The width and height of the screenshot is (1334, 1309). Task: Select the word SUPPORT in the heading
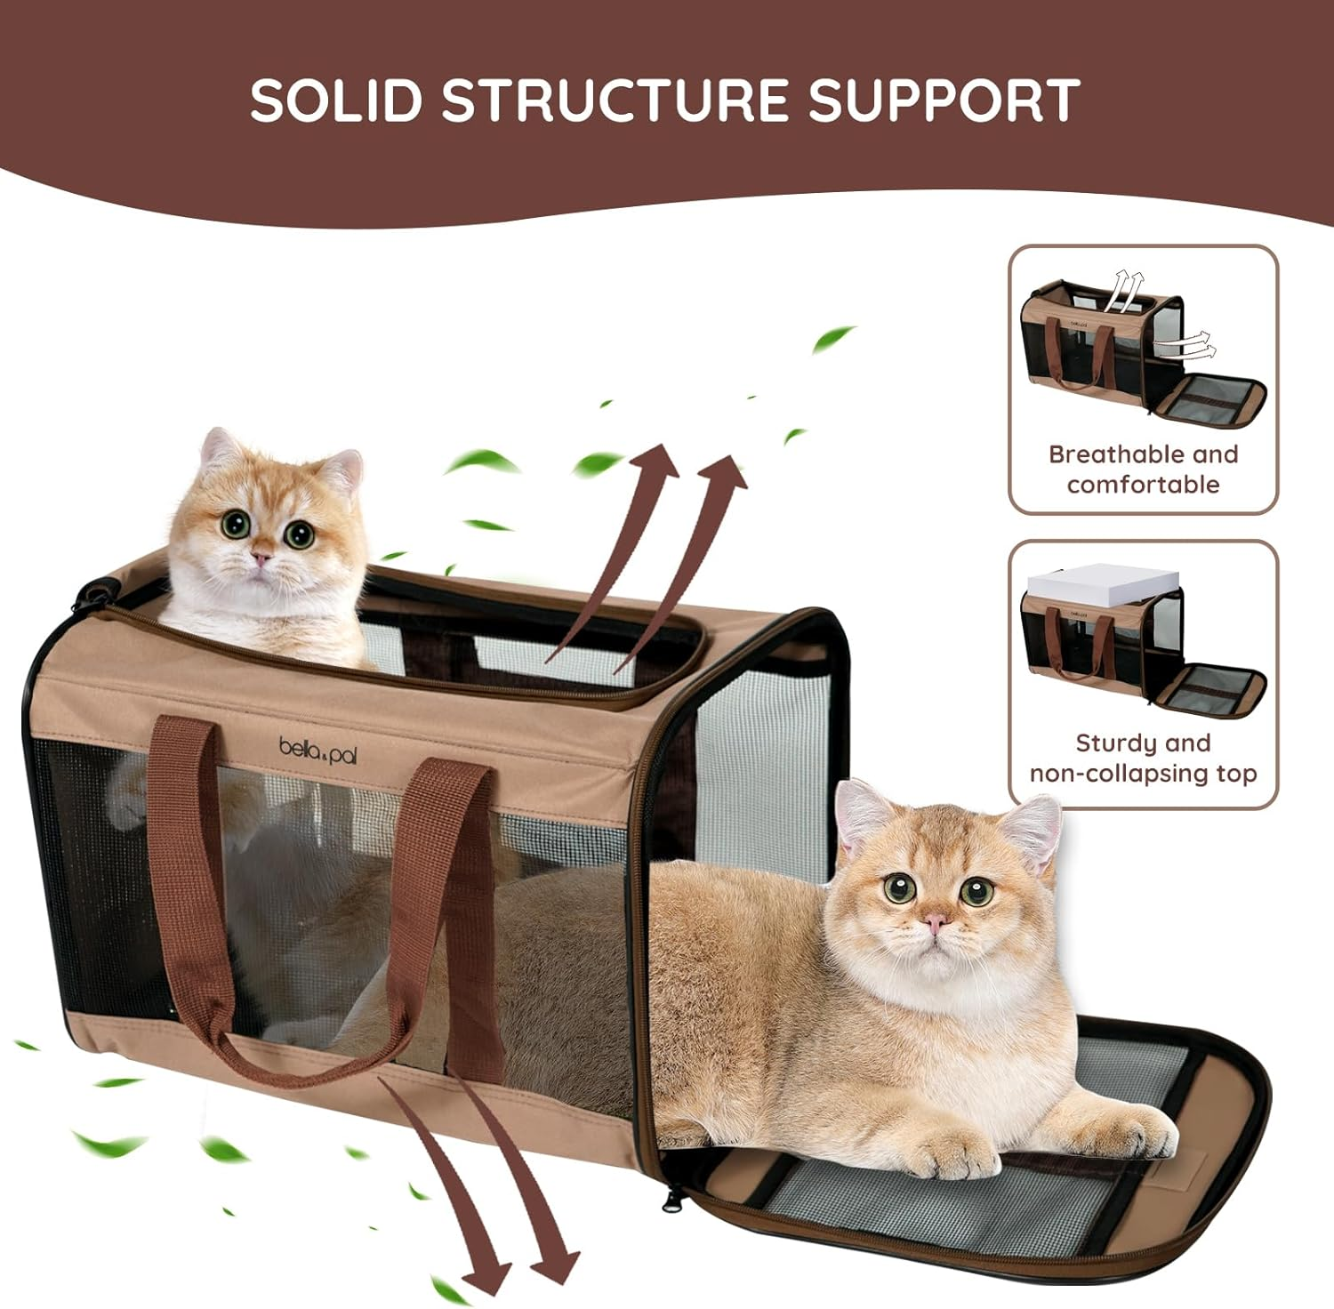click(944, 100)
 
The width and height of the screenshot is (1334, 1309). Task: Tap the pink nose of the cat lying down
click(935, 923)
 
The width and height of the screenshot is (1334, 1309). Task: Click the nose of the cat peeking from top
click(261, 558)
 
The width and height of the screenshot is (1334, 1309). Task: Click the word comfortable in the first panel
click(1143, 485)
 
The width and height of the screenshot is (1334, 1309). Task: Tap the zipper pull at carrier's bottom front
click(666, 1203)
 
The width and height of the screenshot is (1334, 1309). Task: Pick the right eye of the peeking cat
click(299, 534)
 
